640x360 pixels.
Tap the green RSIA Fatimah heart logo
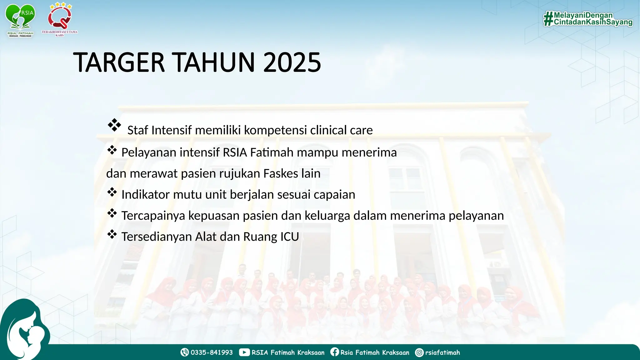(20, 19)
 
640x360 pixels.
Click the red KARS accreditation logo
(60, 19)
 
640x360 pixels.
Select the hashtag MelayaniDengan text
(583, 15)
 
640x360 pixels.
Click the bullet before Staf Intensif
(114, 125)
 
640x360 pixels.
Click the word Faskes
(281, 173)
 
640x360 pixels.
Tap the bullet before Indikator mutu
(112, 192)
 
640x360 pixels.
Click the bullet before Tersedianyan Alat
(112, 234)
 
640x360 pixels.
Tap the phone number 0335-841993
(212, 352)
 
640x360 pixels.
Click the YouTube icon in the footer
(244, 352)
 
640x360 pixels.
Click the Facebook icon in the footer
(334, 352)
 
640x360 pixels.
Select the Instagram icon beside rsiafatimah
(419, 352)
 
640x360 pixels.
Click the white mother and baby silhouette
(27, 334)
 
